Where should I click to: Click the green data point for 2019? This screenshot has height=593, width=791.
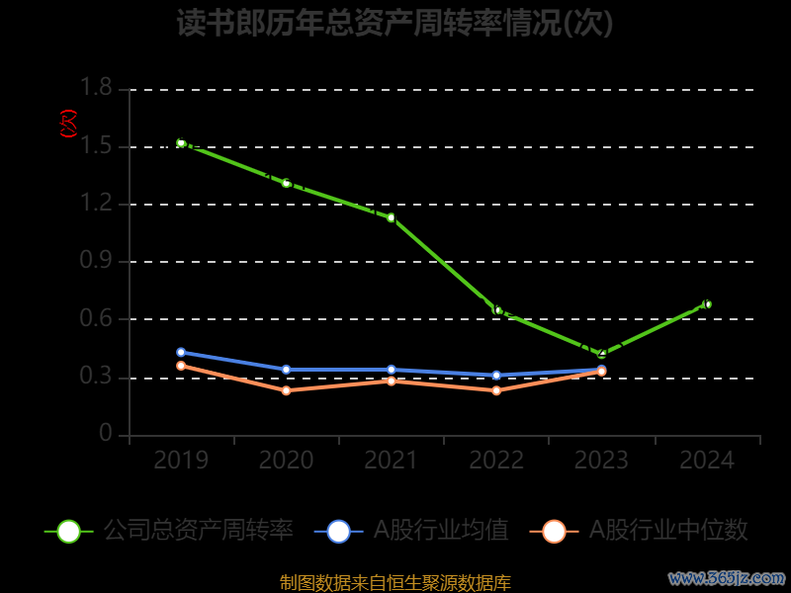[x=181, y=143]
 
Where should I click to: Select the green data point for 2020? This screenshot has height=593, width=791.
[x=286, y=183]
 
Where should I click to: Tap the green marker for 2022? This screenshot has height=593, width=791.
[x=497, y=310]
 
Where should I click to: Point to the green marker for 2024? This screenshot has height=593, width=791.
[x=707, y=304]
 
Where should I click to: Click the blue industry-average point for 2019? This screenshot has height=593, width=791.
[x=181, y=352]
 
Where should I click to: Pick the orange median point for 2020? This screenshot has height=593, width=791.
[x=286, y=390]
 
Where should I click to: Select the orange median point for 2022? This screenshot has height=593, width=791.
[x=496, y=390]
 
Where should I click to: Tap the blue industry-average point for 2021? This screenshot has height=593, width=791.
[x=392, y=370]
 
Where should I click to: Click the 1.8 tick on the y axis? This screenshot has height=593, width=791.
[x=96, y=89]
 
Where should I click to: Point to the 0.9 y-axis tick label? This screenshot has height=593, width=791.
[x=96, y=262]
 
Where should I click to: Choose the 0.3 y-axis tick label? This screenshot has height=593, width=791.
[x=96, y=378]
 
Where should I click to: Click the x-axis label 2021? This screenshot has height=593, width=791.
[x=392, y=461]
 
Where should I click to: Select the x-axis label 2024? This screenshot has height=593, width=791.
[x=707, y=461]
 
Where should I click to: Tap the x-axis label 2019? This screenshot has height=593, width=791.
[x=181, y=461]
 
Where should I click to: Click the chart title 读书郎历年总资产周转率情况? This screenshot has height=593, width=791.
[x=395, y=23]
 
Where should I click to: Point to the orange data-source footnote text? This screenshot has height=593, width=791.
[x=395, y=582]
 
